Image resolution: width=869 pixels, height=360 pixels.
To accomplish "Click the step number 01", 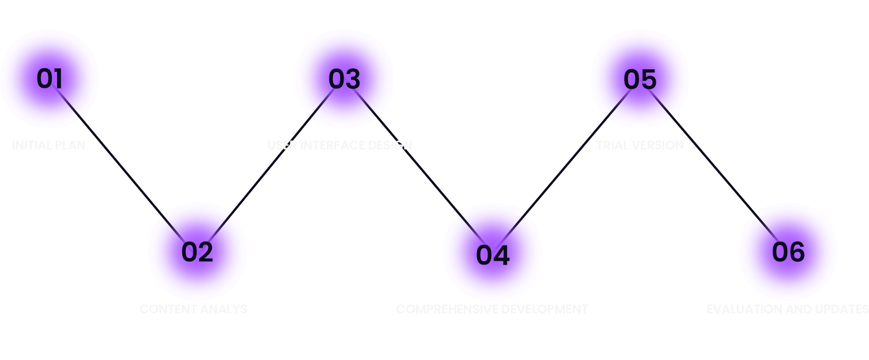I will tap(49, 78).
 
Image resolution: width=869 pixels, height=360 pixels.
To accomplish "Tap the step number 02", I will tap(197, 252).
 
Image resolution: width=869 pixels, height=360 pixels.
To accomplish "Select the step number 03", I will tap(344, 79).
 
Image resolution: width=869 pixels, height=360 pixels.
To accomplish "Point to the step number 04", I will tap(492, 255).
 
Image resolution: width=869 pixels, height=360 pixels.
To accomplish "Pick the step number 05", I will tap(640, 79).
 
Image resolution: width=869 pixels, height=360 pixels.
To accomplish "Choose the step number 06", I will tap(788, 252).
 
